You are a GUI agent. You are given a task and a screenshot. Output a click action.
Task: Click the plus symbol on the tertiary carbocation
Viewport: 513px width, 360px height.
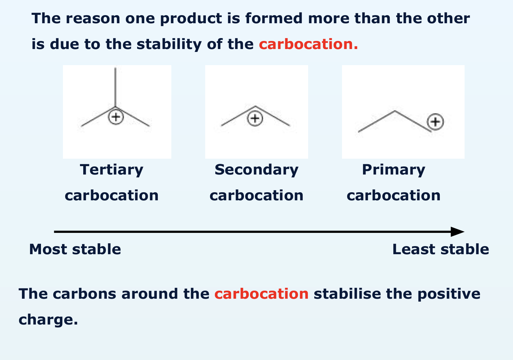pos(116,117)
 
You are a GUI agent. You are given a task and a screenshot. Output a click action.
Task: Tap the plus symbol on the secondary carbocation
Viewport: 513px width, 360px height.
pos(255,118)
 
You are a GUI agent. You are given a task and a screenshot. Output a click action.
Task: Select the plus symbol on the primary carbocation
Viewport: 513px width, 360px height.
pos(435,122)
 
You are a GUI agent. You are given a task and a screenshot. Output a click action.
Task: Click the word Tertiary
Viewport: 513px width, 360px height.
pos(112,170)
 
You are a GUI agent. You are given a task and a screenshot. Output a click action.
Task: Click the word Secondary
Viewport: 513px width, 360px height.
pos(256,170)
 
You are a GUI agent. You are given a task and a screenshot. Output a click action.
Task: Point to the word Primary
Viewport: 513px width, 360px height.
pos(393,170)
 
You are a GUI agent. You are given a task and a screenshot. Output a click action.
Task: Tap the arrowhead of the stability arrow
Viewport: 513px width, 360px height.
pos(457,232)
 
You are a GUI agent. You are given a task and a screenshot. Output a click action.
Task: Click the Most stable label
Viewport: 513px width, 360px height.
pos(75,249)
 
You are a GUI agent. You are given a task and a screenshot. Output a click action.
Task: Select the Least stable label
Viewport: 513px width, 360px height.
pos(440,249)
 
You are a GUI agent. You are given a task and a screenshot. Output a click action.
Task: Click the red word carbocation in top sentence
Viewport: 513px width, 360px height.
pos(308,44)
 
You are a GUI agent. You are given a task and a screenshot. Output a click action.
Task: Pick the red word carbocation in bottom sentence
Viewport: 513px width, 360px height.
pos(261,294)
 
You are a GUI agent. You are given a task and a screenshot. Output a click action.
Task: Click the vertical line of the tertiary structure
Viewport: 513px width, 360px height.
pos(116,87)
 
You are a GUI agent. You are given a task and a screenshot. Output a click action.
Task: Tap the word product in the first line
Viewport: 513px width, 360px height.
pos(191,18)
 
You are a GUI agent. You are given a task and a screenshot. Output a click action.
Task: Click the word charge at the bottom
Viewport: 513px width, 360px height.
pos(48,320)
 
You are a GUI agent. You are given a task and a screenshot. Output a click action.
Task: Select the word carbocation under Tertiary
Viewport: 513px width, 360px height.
pos(112,195)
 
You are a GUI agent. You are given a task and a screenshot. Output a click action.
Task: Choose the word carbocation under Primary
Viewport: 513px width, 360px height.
pos(393,195)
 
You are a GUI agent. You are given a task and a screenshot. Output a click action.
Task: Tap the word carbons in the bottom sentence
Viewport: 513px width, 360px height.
pos(85,294)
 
